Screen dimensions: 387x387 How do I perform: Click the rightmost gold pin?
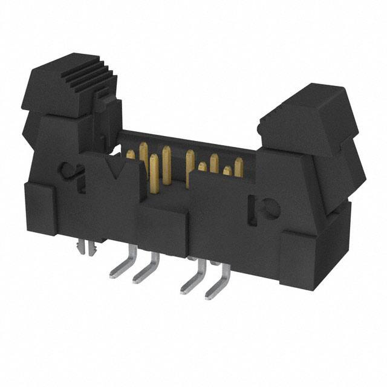point(239,164)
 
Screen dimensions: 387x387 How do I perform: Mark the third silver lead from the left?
point(192,280)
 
